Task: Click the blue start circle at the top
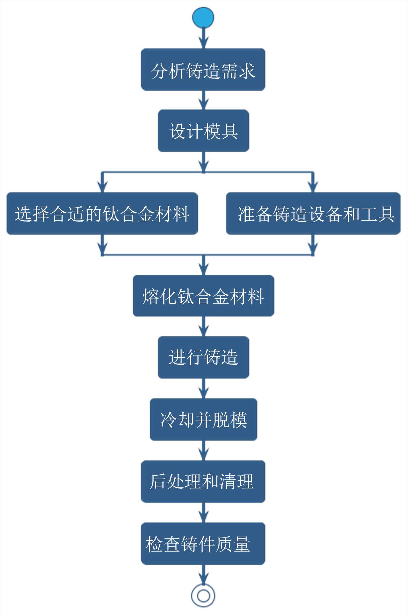point(203,17)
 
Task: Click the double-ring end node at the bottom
point(203,596)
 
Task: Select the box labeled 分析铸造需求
point(203,70)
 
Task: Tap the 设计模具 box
point(203,131)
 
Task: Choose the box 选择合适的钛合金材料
point(102,213)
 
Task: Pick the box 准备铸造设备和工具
point(313,213)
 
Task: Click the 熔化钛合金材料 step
point(203,296)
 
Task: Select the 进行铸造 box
point(203,357)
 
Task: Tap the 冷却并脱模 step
point(203,419)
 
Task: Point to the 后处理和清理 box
point(203,481)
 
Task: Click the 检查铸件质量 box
point(203,544)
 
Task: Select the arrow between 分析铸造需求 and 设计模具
point(203,100)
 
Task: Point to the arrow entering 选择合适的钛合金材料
point(102,183)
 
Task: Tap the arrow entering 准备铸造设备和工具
point(313,183)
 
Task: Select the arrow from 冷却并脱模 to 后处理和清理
point(203,450)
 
